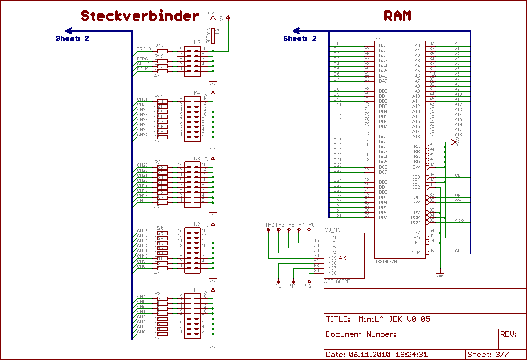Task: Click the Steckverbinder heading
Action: click(x=140, y=16)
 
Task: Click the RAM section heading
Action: click(x=398, y=16)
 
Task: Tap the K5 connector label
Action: click(x=197, y=42)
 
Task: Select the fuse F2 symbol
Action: click(x=213, y=35)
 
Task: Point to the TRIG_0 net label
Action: click(x=144, y=49)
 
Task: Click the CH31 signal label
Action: click(x=142, y=99)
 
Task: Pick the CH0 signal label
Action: click(x=141, y=332)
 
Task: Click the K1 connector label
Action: click(x=197, y=290)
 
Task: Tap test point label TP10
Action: click(x=275, y=286)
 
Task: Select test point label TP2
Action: click(x=269, y=225)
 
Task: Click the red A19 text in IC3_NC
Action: click(x=343, y=258)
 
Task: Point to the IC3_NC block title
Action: click(x=332, y=230)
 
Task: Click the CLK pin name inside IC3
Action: click(x=416, y=253)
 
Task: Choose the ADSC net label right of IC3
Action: click(x=460, y=221)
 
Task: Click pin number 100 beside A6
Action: click(x=433, y=74)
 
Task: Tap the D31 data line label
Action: click(x=338, y=216)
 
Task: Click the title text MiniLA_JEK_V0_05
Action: click(x=394, y=319)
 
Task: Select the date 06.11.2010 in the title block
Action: click(x=370, y=354)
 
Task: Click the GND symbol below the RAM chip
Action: click(x=440, y=274)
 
